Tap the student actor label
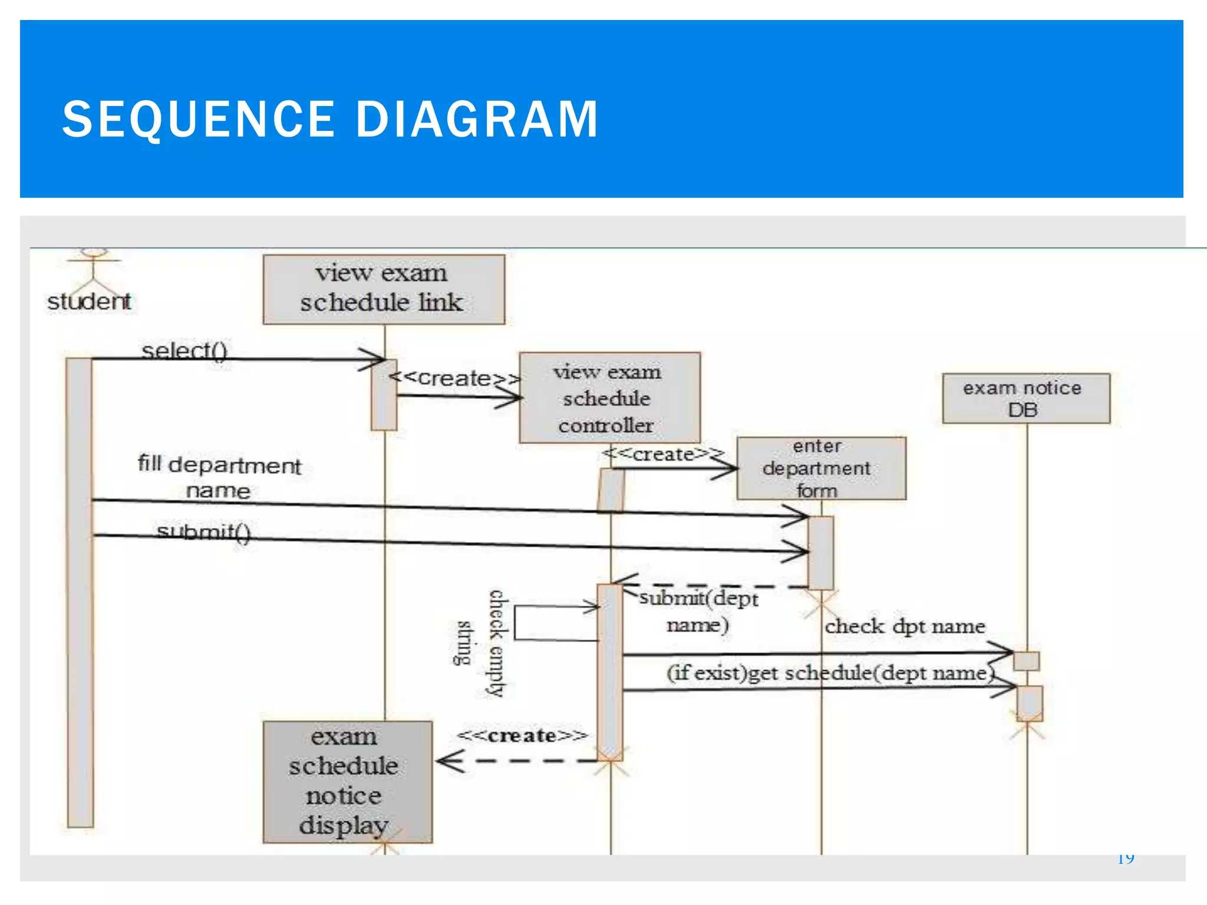[x=89, y=302]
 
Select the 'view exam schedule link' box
[x=383, y=289]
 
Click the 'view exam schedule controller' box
[x=609, y=398]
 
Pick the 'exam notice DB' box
[x=1025, y=398]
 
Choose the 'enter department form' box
[x=820, y=468]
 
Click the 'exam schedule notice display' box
[x=347, y=781]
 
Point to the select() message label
[x=184, y=351]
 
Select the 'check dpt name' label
[x=905, y=626]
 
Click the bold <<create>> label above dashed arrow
[x=522, y=735]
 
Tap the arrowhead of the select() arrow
[x=376, y=358]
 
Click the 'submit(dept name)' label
[x=698, y=611]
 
